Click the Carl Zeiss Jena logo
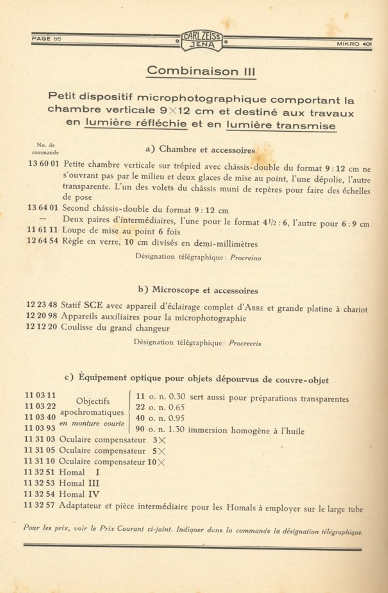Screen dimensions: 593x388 [x=201, y=41]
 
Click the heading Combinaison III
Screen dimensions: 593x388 [x=201, y=71]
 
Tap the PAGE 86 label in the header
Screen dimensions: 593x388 [x=46, y=39]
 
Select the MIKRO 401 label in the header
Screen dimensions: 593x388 [x=354, y=44]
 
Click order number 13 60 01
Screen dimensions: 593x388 [x=44, y=164]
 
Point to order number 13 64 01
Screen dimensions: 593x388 [x=43, y=208]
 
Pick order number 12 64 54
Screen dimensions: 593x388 [x=43, y=241]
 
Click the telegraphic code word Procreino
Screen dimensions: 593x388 [x=245, y=258]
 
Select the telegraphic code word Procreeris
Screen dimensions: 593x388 [x=245, y=343]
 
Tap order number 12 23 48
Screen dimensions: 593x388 [x=41, y=305]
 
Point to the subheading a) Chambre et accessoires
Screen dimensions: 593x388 [x=200, y=150]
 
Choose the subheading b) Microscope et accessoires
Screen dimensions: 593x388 [x=198, y=290]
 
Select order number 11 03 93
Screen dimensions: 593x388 [x=40, y=428]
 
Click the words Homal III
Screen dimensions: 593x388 [x=79, y=483]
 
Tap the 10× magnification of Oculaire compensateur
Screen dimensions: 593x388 [x=156, y=462]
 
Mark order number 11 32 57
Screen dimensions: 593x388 [x=39, y=505]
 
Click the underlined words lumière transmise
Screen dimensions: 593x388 [x=281, y=125]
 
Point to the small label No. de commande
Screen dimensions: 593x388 [x=45, y=149]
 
